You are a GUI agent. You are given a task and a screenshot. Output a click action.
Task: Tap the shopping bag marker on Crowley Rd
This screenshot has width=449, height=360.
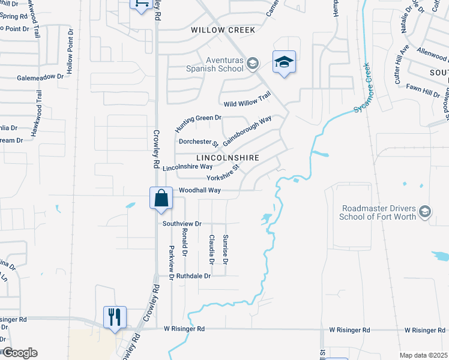(161, 199)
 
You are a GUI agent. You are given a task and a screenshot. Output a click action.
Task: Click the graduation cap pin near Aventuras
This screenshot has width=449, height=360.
(284, 62)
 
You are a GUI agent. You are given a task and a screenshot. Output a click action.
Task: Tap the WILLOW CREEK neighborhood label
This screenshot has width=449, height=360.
(223, 29)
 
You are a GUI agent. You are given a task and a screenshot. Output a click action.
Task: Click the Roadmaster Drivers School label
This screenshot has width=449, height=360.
(378, 212)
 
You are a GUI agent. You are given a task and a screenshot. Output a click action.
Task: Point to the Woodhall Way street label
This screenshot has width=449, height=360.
(200, 190)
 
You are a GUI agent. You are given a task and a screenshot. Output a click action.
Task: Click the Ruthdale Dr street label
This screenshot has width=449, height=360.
(194, 276)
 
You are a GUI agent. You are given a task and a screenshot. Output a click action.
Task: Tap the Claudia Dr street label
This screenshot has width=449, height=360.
(211, 249)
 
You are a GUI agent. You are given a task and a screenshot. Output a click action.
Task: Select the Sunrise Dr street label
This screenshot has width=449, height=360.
(226, 250)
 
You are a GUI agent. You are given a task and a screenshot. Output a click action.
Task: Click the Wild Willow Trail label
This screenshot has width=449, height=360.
(246, 99)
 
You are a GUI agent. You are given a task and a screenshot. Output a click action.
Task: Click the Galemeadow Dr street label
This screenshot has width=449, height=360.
(40, 77)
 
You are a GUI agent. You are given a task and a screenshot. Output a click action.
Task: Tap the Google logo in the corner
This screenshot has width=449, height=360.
(19, 353)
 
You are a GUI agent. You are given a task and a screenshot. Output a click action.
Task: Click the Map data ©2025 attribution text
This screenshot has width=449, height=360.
(424, 355)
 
